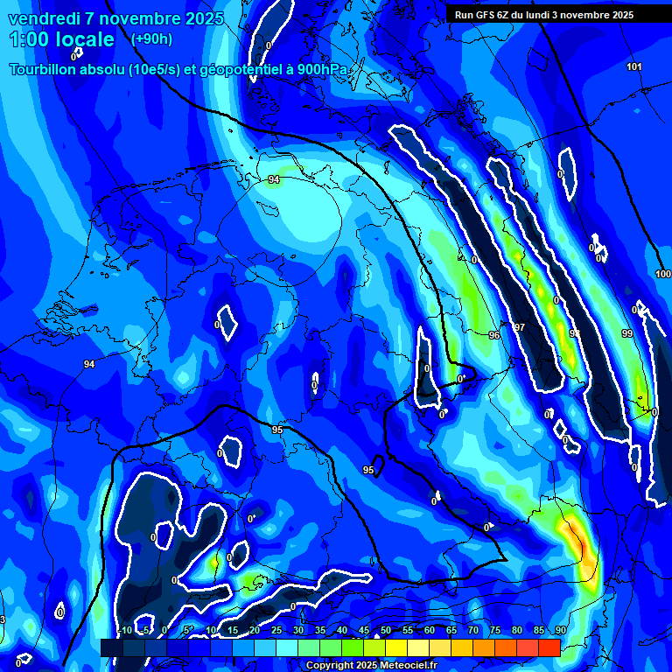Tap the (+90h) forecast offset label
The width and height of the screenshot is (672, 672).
[x=151, y=39]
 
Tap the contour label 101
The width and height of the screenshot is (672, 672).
[x=634, y=67]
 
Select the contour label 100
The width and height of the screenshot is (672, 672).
[x=663, y=274]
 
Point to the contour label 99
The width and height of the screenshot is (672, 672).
[x=626, y=333]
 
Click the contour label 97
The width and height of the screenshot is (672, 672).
[x=519, y=327]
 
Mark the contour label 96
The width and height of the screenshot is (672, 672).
[x=494, y=335]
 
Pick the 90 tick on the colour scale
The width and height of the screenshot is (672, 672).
[x=560, y=631]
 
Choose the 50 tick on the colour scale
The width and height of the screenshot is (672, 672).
[x=385, y=631]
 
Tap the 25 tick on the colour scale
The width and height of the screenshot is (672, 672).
[x=276, y=631]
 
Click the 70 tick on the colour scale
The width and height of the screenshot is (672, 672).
[x=473, y=631]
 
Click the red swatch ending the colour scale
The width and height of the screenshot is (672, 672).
[x=549, y=647]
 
